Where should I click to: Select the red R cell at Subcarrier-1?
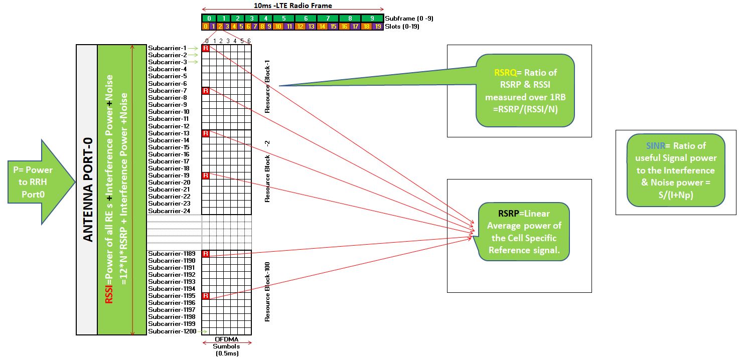(x=206, y=48)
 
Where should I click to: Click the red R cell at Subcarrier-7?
(x=206, y=90)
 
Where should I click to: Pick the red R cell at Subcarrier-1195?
(x=206, y=296)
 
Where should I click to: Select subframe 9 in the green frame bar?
(x=372, y=18)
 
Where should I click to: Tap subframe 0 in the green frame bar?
(x=209, y=18)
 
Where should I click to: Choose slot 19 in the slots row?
(x=378, y=26)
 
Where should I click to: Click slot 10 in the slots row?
(x=277, y=26)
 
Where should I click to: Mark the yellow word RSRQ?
(x=504, y=73)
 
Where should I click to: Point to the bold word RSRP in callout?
(x=501, y=214)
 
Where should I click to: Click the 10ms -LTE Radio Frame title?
(x=292, y=6)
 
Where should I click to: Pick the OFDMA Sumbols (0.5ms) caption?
(x=226, y=346)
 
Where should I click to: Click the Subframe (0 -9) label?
(x=409, y=18)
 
